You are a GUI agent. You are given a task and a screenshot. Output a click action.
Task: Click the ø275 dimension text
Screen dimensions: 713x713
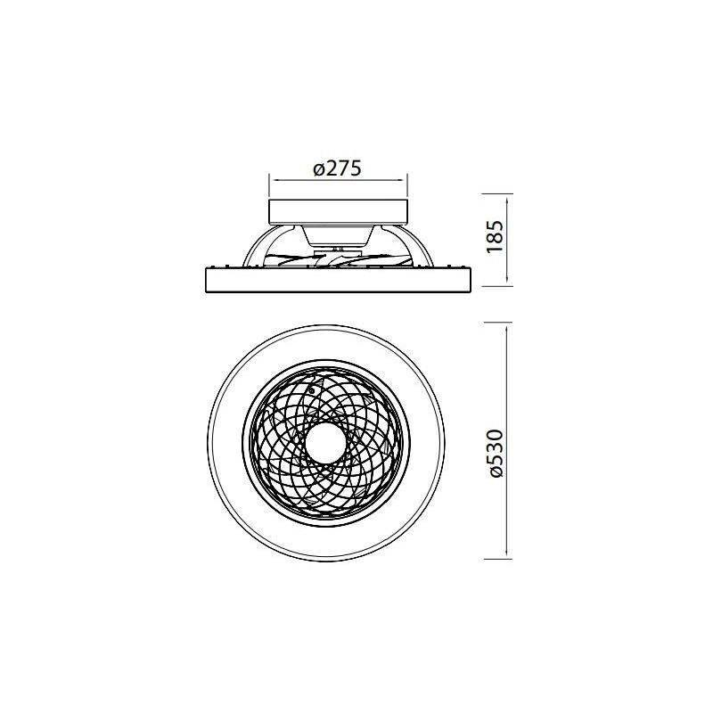point(337,169)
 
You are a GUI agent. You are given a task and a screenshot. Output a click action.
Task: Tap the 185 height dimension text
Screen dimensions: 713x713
point(497,239)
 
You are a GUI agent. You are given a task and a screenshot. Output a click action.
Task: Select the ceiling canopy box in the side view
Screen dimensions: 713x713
point(339,211)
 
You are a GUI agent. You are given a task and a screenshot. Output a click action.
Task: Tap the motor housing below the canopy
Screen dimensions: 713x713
point(339,234)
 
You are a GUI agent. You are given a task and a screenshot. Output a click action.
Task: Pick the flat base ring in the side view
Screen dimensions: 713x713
point(339,279)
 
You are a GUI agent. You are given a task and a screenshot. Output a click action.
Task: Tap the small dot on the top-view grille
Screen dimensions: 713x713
point(311,389)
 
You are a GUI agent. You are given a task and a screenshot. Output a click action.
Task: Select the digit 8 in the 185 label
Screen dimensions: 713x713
point(497,238)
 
